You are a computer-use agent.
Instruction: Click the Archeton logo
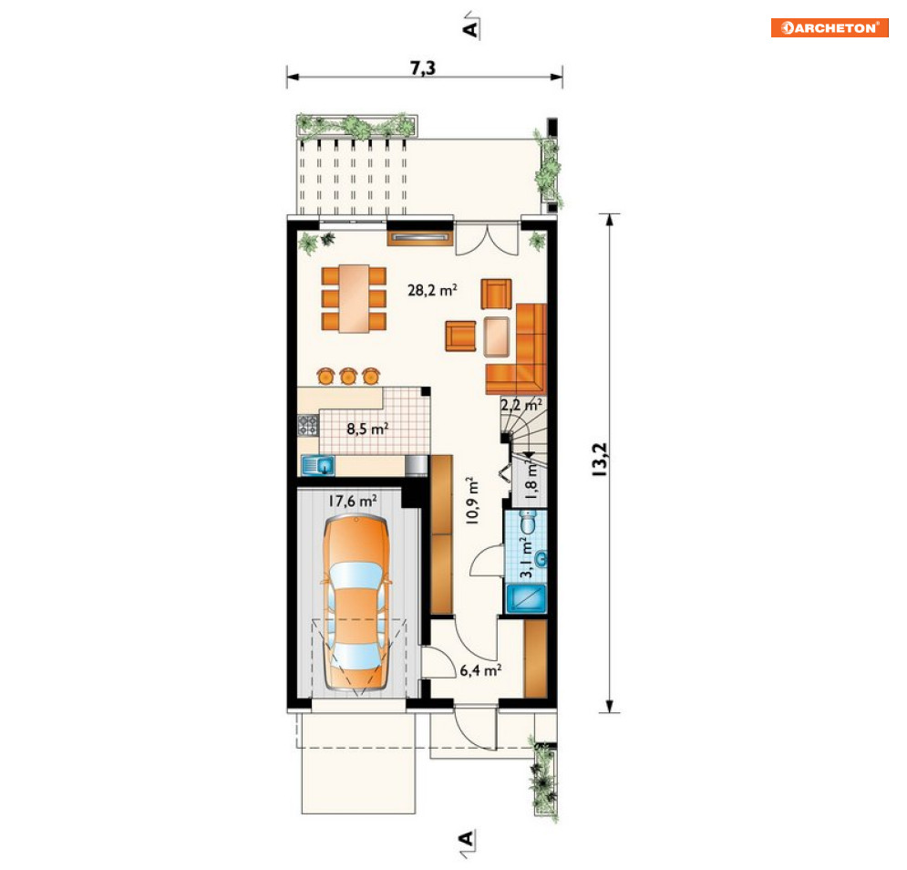coord(829,27)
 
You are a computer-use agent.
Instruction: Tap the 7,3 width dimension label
coord(423,67)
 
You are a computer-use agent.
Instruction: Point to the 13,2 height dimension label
coord(599,460)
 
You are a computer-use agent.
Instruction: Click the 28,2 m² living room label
coord(432,289)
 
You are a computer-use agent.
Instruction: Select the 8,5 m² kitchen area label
coord(367,429)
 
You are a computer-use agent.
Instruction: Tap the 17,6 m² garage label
coord(353,501)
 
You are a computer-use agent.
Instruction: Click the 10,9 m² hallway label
coord(472,501)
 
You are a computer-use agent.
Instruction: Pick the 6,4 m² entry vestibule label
coord(480,670)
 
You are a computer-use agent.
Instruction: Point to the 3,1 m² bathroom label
coord(527,557)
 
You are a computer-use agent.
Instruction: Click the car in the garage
coord(356,603)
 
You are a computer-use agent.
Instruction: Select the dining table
coord(354,299)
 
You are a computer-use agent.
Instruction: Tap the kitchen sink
coord(318,465)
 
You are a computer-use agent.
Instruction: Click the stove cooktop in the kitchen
coord(308,425)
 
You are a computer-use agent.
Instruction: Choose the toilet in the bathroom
coord(528,523)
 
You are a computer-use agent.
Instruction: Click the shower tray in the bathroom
coord(526,598)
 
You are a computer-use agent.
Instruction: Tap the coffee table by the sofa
coord(497,337)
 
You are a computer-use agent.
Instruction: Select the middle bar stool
coord(347,377)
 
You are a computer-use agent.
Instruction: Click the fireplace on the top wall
coord(419,237)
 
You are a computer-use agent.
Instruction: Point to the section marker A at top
coord(471,26)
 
